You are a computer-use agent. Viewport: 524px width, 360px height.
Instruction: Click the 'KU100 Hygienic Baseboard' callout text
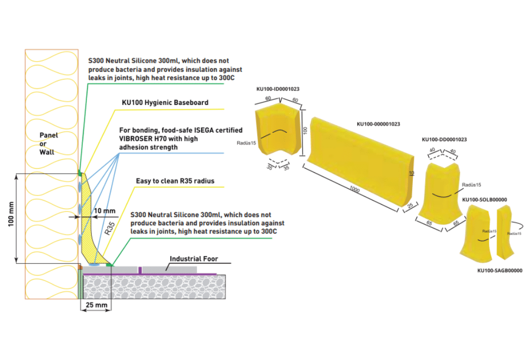pyautogui.click(x=165, y=103)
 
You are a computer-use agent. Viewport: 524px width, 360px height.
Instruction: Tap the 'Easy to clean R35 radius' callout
pyautogui.click(x=175, y=181)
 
